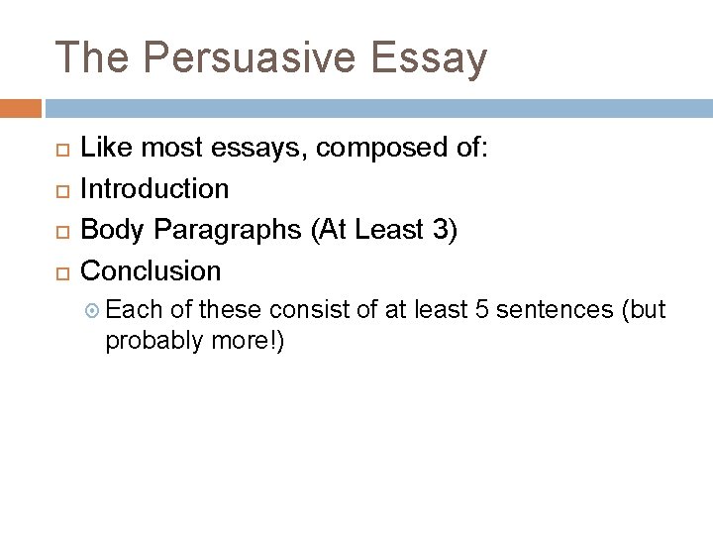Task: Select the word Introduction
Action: (154, 188)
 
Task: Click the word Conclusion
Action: (151, 269)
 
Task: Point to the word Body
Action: (109, 229)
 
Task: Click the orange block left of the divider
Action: (21, 107)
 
